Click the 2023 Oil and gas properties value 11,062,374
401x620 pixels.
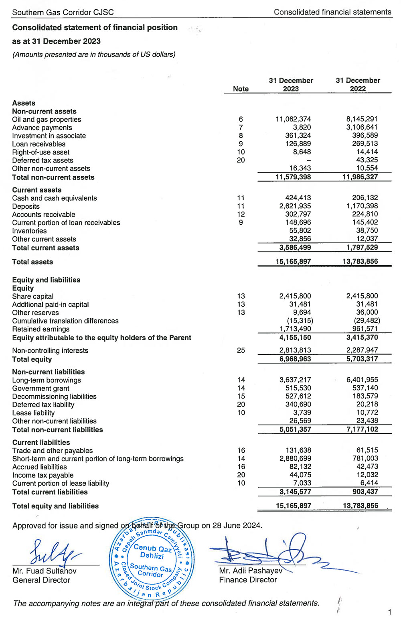point(293,119)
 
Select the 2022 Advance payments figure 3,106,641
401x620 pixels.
point(362,128)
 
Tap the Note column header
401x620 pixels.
point(241,89)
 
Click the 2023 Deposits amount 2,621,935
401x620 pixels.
point(295,206)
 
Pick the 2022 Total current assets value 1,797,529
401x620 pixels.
point(362,248)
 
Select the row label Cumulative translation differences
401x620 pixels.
point(65,321)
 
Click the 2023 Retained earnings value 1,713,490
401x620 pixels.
point(295,329)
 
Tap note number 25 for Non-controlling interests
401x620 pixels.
point(241,350)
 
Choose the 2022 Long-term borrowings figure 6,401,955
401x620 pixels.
point(362,380)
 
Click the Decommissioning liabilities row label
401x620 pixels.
point(54,396)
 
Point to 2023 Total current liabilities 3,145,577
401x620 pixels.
point(295,492)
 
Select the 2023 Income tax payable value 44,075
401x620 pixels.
point(300,475)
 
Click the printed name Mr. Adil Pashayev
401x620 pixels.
point(251,571)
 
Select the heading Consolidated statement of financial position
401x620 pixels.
point(95,28)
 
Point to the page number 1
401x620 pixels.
point(389,612)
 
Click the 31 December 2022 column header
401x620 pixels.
point(358,84)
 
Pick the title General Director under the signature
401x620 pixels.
point(41,580)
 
